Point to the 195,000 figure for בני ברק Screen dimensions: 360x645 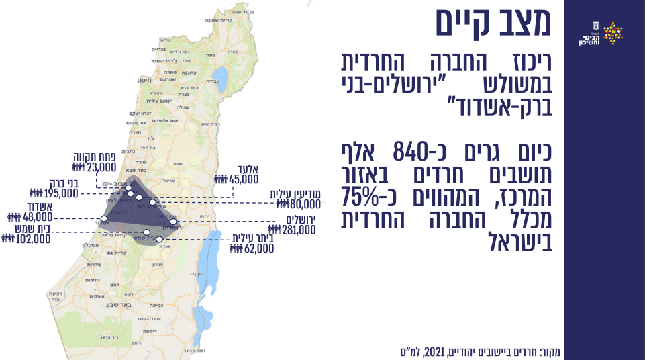click(x=60, y=193)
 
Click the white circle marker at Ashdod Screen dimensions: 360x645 click(x=103, y=219)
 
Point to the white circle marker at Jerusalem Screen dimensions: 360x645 click(x=173, y=222)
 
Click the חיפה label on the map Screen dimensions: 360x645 click(x=145, y=79)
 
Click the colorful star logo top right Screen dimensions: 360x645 click(x=613, y=33)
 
